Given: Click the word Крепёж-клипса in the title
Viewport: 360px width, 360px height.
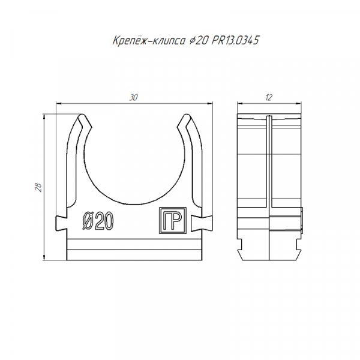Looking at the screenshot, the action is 149,41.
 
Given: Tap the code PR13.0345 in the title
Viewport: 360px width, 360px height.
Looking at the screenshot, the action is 235,40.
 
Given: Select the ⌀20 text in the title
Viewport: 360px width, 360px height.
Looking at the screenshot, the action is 199,41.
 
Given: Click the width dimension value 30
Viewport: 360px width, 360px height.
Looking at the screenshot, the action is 134,98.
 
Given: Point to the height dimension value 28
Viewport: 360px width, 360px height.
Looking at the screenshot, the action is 38,187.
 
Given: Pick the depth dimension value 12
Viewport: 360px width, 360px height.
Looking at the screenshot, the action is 269,98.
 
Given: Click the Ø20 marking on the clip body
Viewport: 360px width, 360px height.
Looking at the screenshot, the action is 98,221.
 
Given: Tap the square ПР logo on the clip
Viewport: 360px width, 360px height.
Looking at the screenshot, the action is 173,220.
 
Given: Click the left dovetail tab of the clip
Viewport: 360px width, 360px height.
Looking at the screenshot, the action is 61,223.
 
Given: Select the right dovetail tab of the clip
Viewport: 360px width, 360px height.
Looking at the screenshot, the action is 202,223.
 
